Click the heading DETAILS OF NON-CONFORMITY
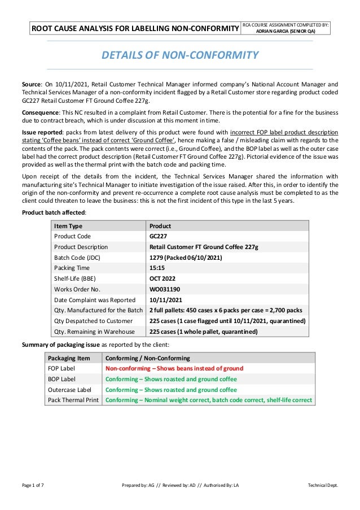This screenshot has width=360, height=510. point(179,55)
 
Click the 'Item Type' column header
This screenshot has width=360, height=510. point(68,226)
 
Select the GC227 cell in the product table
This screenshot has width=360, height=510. point(158,237)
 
